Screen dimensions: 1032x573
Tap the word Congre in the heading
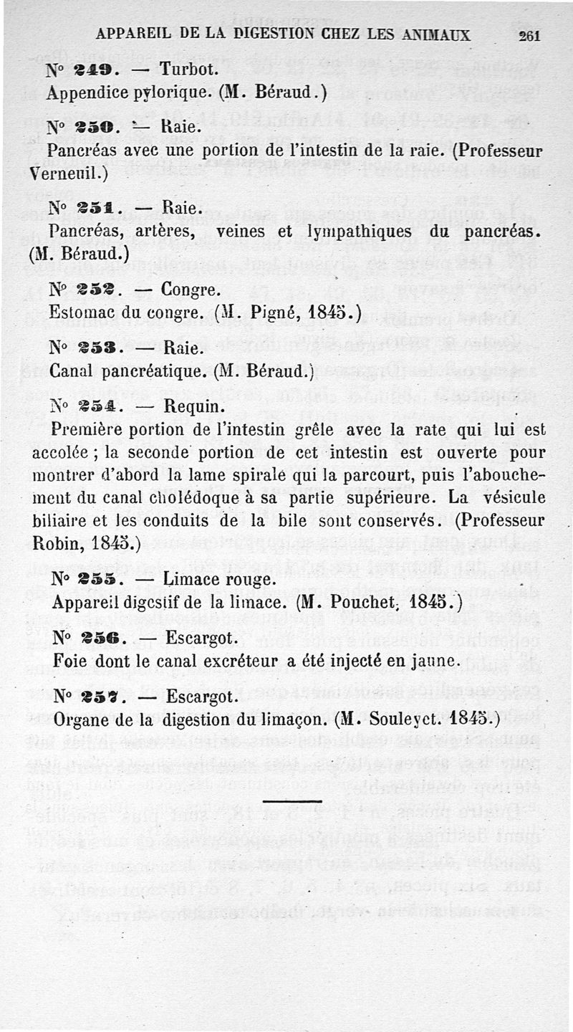(191, 290)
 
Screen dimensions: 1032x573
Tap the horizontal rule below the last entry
(292, 801)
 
